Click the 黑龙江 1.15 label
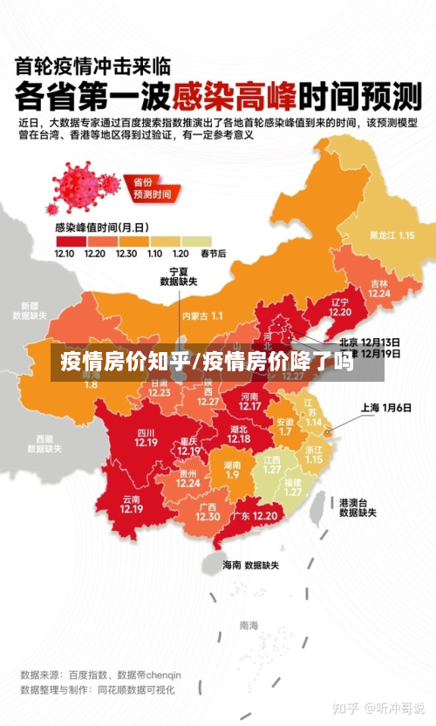click(391, 235)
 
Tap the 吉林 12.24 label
click(378, 288)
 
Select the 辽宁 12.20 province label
click(340, 307)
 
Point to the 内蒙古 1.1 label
click(202, 316)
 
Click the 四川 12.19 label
click(146, 438)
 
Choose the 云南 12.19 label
click(132, 504)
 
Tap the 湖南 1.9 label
click(232, 470)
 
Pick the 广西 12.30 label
click(208, 512)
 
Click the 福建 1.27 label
click(292, 486)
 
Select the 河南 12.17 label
click(250, 401)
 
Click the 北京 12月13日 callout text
click(369, 342)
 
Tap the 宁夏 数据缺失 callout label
click(178, 277)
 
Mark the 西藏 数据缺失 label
click(45, 444)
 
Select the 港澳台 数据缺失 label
click(358, 508)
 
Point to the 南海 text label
click(249, 625)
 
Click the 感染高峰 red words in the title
click(234, 94)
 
